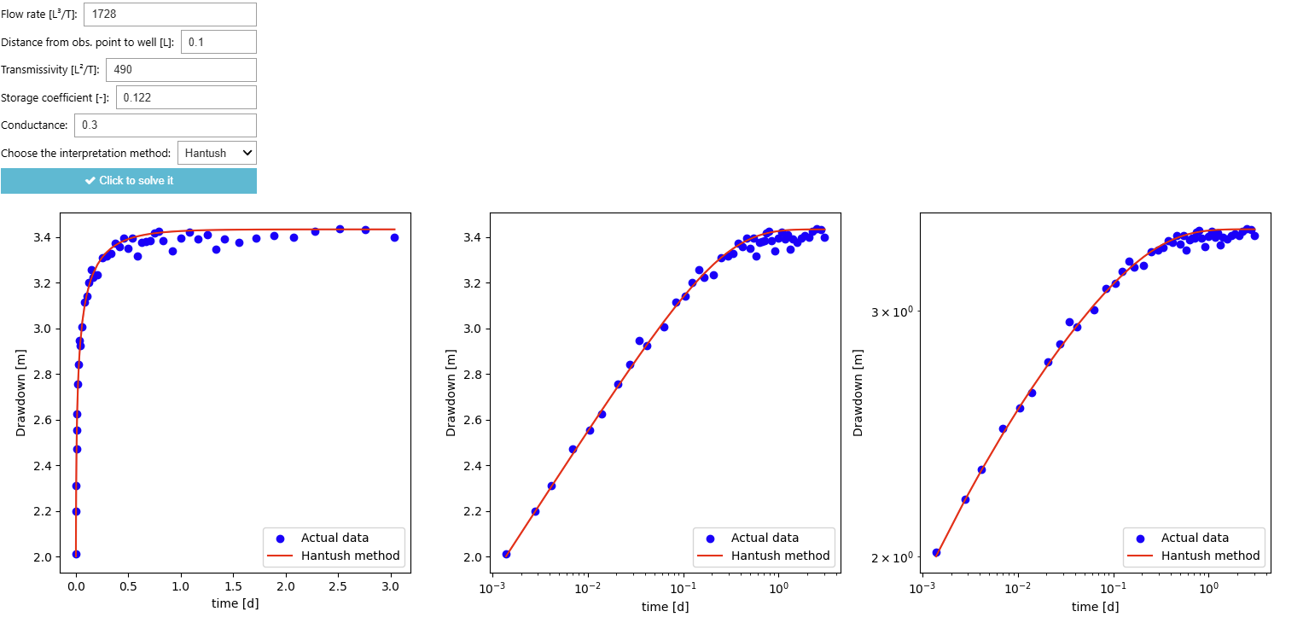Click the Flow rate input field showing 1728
point(170,15)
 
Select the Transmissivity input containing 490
point(181,70)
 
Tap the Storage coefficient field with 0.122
point(185,97)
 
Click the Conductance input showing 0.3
point(165,125)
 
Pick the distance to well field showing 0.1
point(218,42)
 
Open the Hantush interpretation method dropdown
point(217,153)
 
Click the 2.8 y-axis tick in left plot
point(43,375)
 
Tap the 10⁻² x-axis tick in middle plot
point(587,588)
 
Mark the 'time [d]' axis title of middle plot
point(666,607)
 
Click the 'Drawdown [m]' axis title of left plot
point(21,393)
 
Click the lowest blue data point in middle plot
point(506,554)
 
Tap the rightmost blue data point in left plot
point(394,237)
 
